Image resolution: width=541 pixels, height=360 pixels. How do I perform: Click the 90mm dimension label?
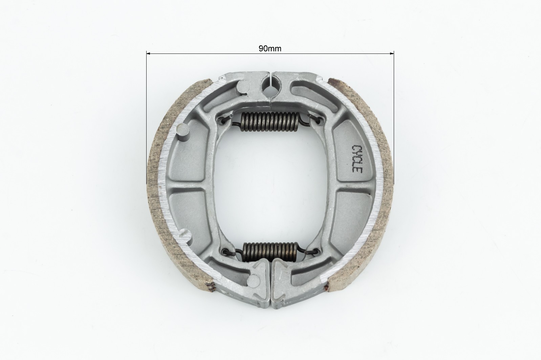pyautogui.click(x=270, y=48)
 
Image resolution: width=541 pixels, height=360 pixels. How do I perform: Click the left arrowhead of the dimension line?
pyautogui.click(x=149, y=54)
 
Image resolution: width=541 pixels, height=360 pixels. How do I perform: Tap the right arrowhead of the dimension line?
pyautogui.click(x=391, y=54)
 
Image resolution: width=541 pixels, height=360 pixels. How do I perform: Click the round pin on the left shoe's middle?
pyautogui.click(x=183, y=132)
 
